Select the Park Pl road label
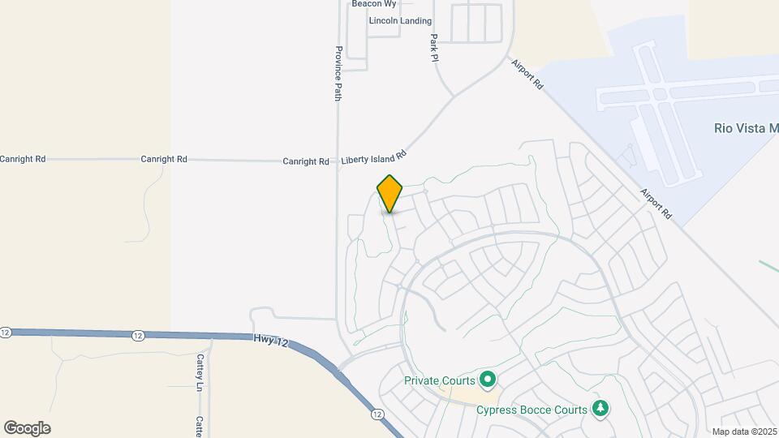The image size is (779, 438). click(435, 48)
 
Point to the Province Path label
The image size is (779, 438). click(338, 73)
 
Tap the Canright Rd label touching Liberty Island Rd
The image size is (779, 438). click(306, 161)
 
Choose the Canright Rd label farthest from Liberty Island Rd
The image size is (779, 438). click(23, 159)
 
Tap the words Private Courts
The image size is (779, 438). click(439, 380)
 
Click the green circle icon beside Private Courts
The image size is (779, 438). click(488, 379)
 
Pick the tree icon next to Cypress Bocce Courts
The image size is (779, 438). click(600, 407)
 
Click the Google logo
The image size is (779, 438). click(27, 428)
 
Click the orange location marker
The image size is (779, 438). click(389, 194)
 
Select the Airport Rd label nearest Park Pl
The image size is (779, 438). click(527, 73)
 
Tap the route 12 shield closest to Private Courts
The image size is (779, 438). click(377, 414)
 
